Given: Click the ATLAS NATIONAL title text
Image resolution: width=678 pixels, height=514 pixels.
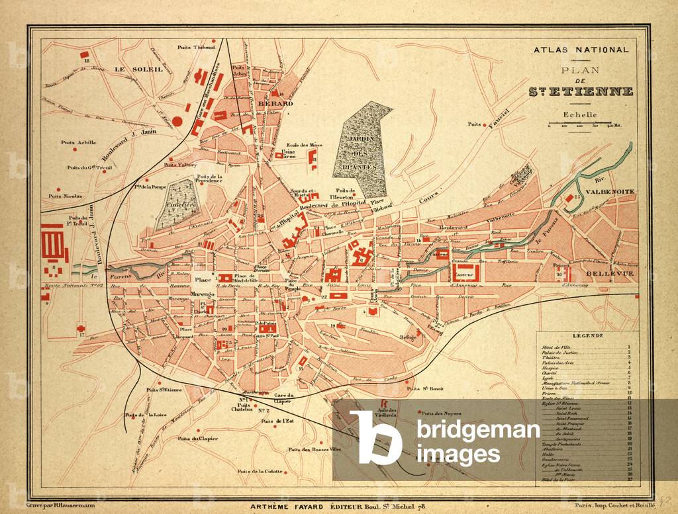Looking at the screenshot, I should tap(581, 50).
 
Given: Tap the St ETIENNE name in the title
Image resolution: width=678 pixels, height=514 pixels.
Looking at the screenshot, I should tap(581, 91).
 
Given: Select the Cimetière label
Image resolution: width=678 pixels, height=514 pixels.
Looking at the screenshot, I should tap(176, 206).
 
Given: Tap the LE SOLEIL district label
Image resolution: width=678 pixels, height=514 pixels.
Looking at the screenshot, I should tap(128, 69).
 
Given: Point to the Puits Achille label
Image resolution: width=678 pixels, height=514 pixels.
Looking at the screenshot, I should tap(78, 142).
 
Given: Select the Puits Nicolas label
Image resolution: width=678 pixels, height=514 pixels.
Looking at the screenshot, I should tap(64, 196).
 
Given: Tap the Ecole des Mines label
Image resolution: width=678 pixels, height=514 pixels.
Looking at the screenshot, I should tap(304, 145).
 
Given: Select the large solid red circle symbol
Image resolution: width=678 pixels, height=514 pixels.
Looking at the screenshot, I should tap(177, 121).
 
